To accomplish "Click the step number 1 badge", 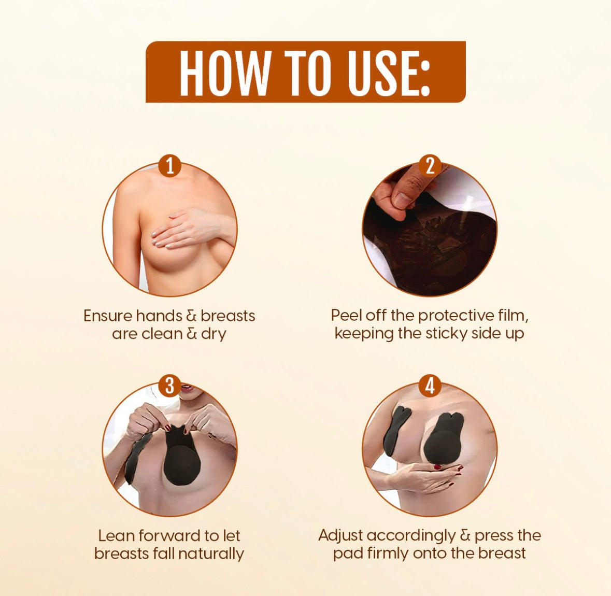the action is [170, 166].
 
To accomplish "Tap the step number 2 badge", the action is [430, 166].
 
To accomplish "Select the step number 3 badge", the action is [170, 386].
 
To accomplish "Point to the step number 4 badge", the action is [430, 386].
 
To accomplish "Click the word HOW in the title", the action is [224, 72].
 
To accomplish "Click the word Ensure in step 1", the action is [108, 315].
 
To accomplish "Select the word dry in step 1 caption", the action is [214, 335].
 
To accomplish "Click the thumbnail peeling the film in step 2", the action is [430, 229].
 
